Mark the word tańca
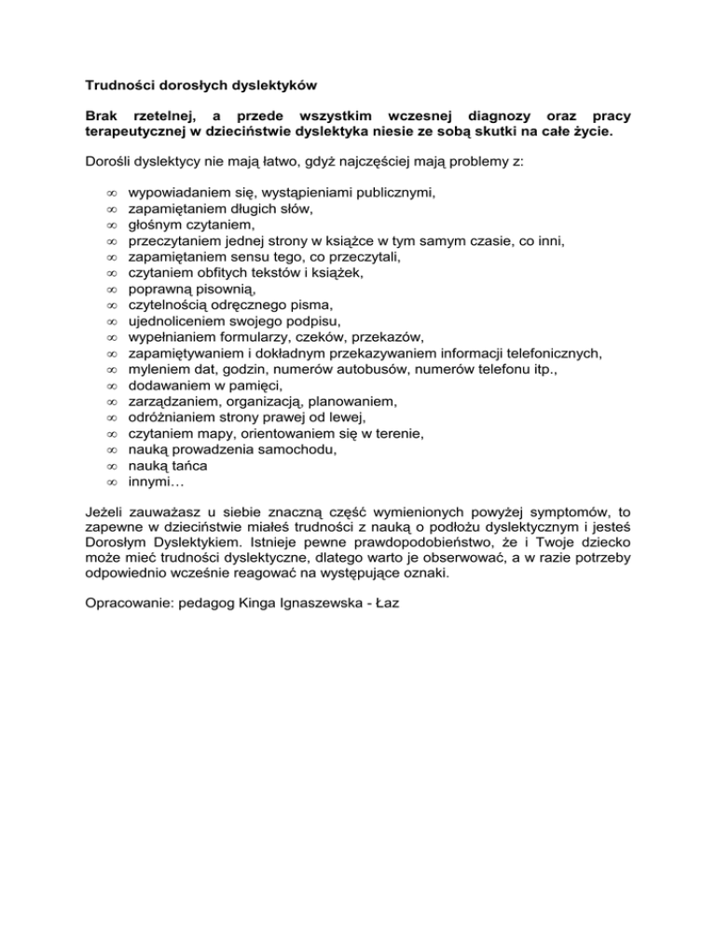tap(187, 465)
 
